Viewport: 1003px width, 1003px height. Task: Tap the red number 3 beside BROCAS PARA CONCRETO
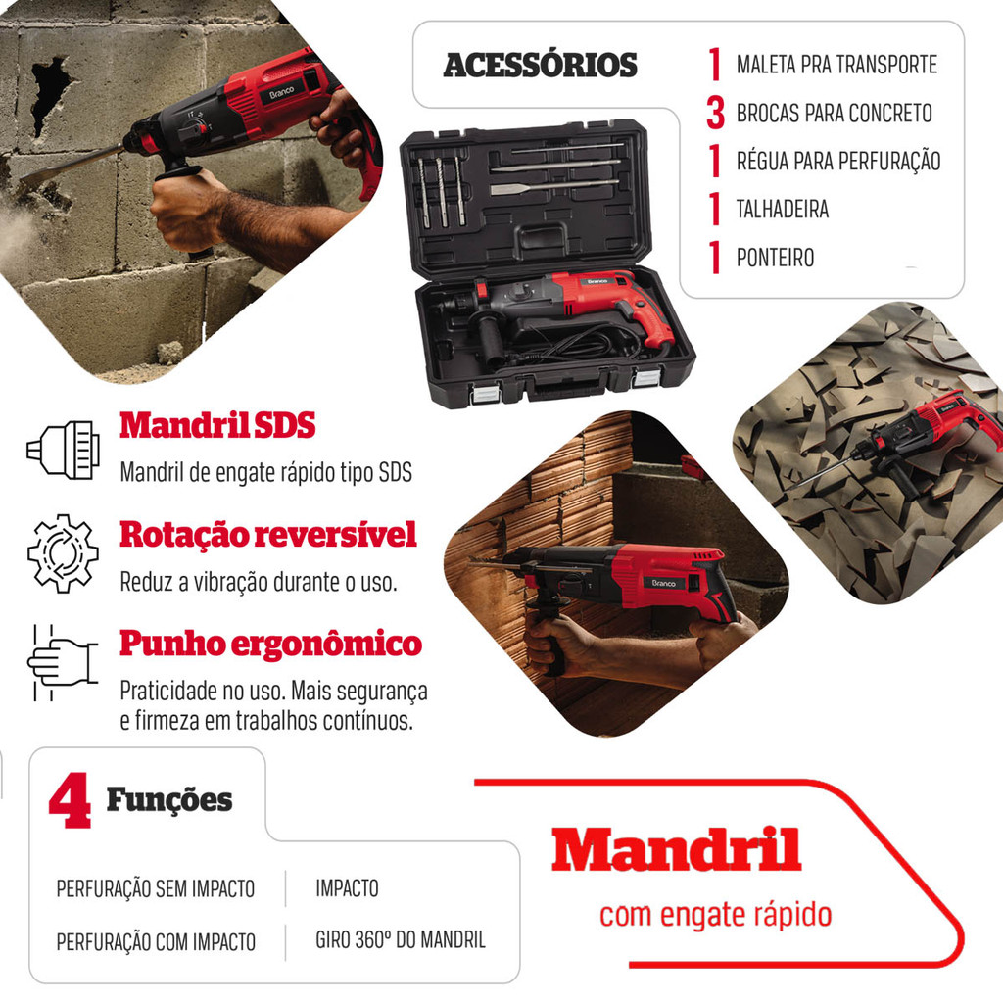716,113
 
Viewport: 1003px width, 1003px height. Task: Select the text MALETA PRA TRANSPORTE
836,65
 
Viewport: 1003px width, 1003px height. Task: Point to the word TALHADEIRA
783,210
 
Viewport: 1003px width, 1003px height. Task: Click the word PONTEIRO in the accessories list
776,258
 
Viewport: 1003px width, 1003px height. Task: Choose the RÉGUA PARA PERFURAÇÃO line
838,162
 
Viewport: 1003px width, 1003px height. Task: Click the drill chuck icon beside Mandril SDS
64,450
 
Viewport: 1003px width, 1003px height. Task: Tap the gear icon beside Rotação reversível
63,553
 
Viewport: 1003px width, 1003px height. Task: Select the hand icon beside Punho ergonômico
62,663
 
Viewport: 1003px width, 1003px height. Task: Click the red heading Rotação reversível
268,534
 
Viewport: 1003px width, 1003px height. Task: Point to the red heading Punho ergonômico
270,644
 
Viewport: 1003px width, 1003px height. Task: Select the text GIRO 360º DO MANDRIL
401,939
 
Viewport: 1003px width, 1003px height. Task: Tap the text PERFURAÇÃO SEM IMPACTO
156,888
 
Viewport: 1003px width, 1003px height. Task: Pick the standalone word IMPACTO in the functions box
347,887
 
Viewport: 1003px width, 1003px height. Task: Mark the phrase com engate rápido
715,915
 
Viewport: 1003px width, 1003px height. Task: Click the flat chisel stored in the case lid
554,187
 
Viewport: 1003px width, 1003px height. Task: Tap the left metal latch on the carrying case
484,394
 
